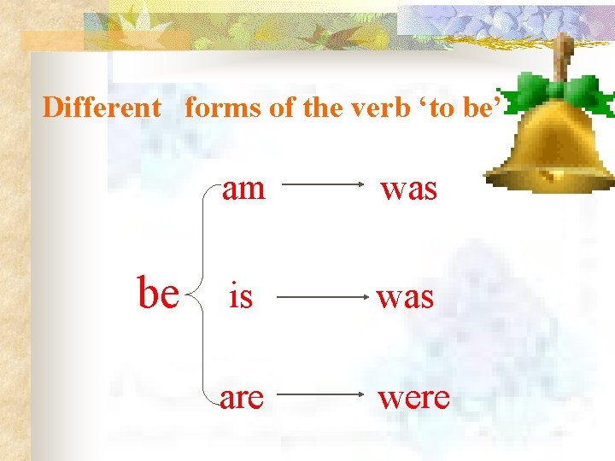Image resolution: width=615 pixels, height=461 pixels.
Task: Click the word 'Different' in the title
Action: click(102, 108)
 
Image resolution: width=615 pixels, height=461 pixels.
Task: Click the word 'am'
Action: click(244, 188)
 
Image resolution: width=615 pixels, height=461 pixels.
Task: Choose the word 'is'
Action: click(241, 297)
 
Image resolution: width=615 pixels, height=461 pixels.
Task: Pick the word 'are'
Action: click(241, 397)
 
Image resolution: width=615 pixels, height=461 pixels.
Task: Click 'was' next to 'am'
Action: click(408, 189)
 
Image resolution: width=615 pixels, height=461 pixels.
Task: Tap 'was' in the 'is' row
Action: click(405, 297)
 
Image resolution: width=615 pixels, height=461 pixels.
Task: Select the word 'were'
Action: click(413, 397)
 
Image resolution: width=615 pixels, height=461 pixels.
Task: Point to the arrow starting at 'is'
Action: click(320, 298)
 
